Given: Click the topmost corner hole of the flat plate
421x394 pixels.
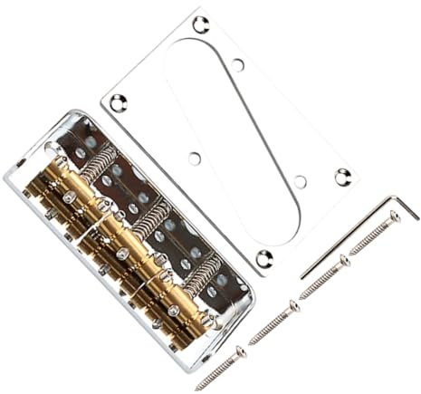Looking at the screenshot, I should tap(201, 24).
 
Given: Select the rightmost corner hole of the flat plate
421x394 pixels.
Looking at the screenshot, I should tap(342, 177).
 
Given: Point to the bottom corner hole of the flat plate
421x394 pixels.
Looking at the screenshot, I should tap(263, 257).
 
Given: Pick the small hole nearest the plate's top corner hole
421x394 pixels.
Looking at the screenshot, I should tap(237, 64).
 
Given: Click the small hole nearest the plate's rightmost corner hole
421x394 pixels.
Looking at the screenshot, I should tap(300, 181).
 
